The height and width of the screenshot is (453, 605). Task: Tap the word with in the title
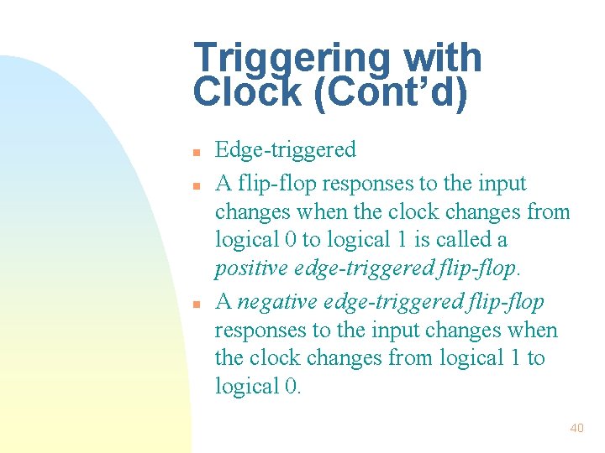[x=443, y=60]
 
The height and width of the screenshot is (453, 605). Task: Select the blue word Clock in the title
[x=247, y=93]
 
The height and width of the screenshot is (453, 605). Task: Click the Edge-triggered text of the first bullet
[x=286, y=150]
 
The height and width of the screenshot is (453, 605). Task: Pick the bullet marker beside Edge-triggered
[x=195, y=154]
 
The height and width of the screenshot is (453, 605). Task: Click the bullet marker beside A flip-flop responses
[x=195, y=184]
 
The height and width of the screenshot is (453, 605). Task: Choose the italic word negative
[x=273, y=301]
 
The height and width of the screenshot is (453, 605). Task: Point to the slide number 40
[x=576, y=428]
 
